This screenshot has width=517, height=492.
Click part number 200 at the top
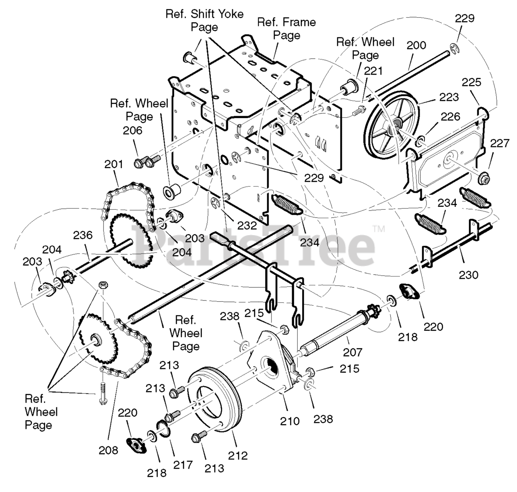416,45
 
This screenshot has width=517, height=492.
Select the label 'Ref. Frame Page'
286,28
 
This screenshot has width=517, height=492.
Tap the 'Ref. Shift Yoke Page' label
204,20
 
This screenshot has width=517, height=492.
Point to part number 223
449,97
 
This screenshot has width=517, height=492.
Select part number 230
469,275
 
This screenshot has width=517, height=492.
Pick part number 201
113,165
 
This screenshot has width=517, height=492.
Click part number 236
83,235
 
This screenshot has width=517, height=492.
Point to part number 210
290,421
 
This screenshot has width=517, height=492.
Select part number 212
237,455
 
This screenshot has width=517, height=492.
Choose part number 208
108,450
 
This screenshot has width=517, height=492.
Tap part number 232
247,226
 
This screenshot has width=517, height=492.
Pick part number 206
133,130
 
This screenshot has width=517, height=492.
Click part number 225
472,82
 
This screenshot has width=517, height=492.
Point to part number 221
373,71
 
